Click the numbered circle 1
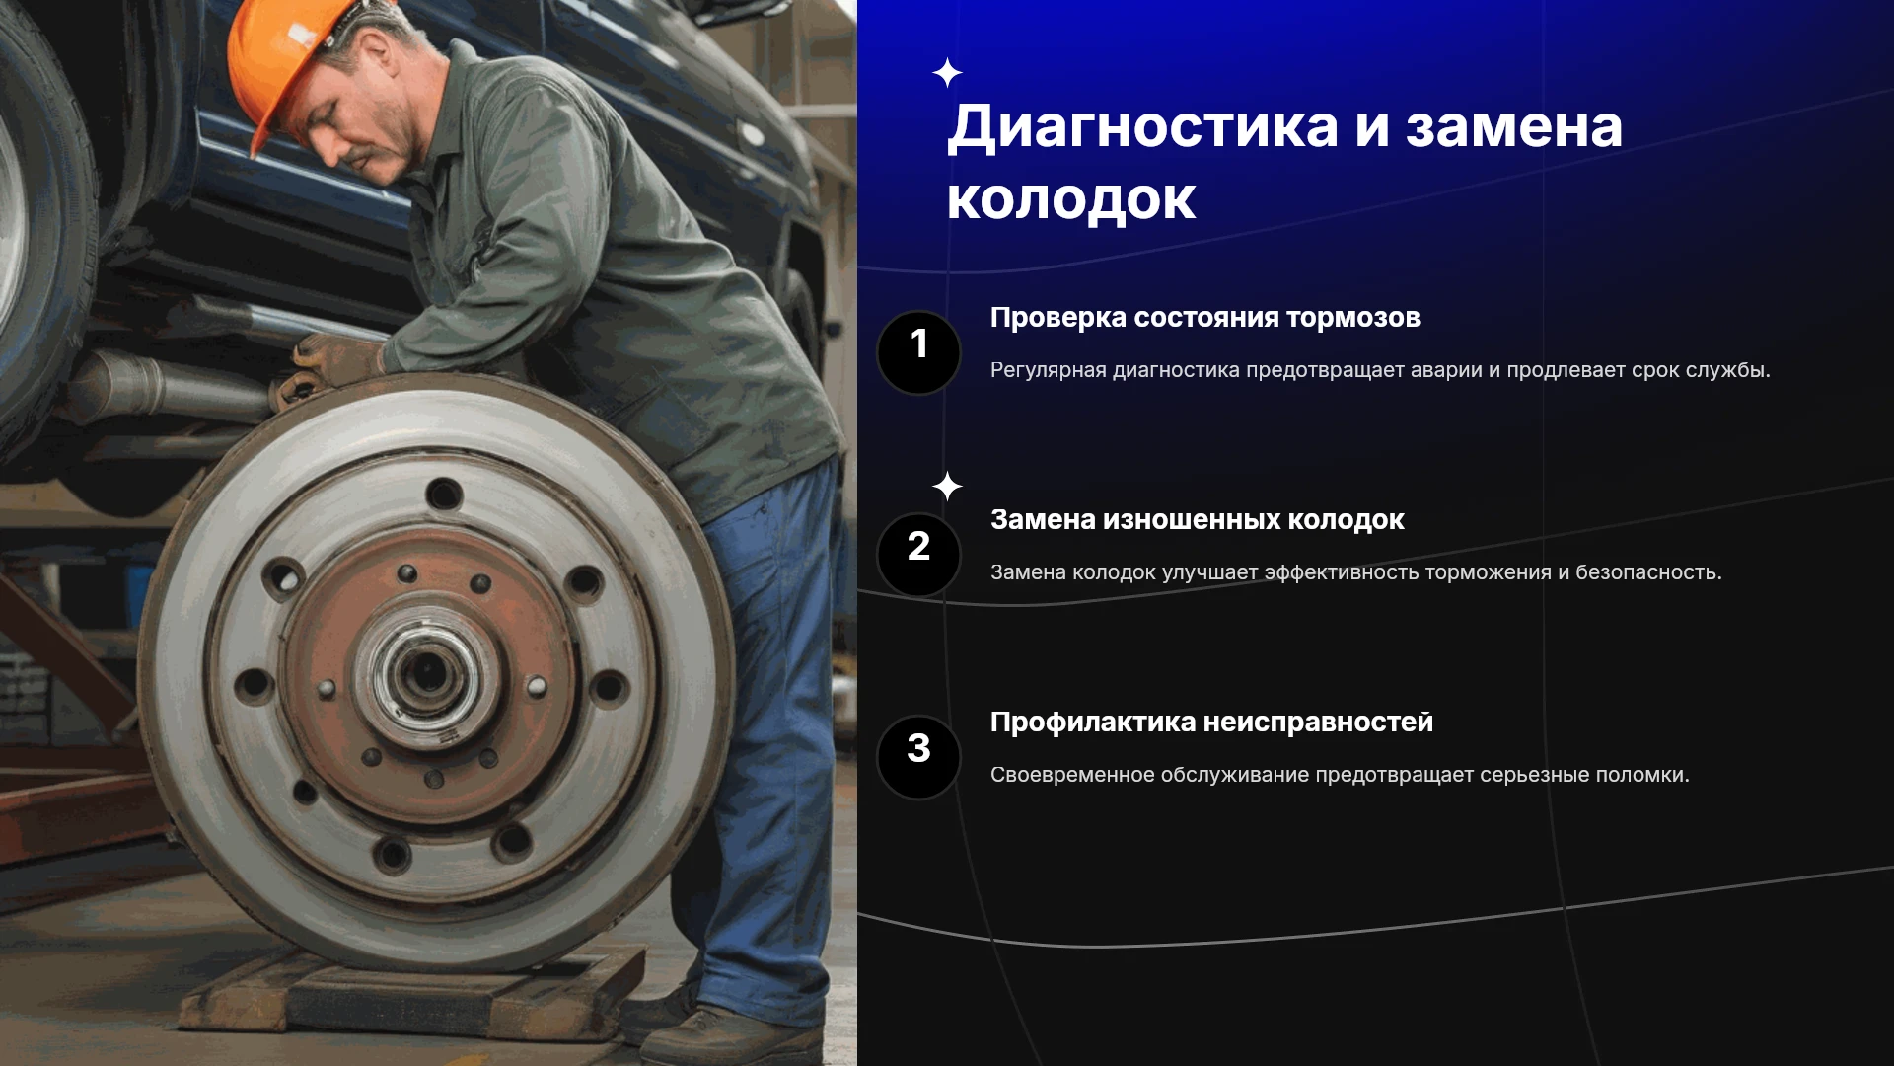(x=918, y=352)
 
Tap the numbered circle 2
(x=918, y=555)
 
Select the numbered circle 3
(x=918, y=757)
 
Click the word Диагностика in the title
(x=1143, y=127)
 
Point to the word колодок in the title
(x=1071, y=200)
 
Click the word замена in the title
(x=1514, y=127)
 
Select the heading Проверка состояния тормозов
(x=1204, y=318)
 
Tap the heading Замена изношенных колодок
(x=1197, y=520)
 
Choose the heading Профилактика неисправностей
(x=1211, y=723)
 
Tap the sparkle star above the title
(x=947, y=73)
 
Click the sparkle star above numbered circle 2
(x=947, y=486)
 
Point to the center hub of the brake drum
(x=427, y=674)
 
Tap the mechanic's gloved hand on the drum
(x=330, y=365)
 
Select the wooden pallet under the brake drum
(x=414, y=992)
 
